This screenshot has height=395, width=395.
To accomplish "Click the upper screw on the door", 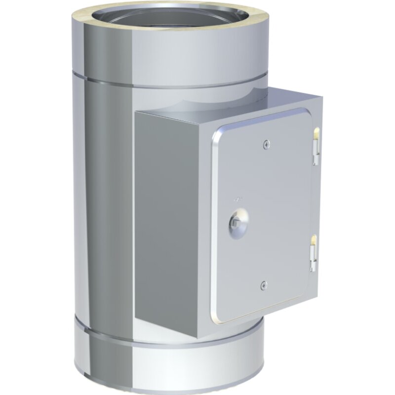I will (x=267, y=145).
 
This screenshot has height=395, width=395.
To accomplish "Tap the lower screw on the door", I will (x=263, y=284).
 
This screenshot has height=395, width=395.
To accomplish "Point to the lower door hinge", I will (x=313, y=253).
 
